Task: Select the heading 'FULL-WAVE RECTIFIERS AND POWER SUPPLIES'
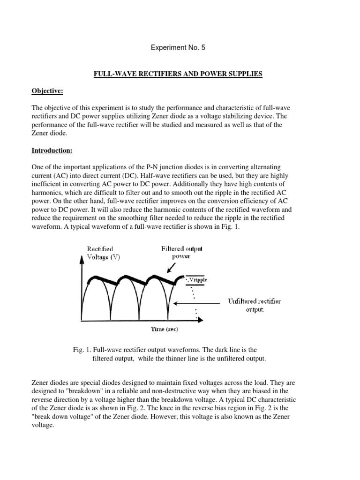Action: [x=180, y=75]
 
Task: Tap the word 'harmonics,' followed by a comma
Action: [x=48, y=193]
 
